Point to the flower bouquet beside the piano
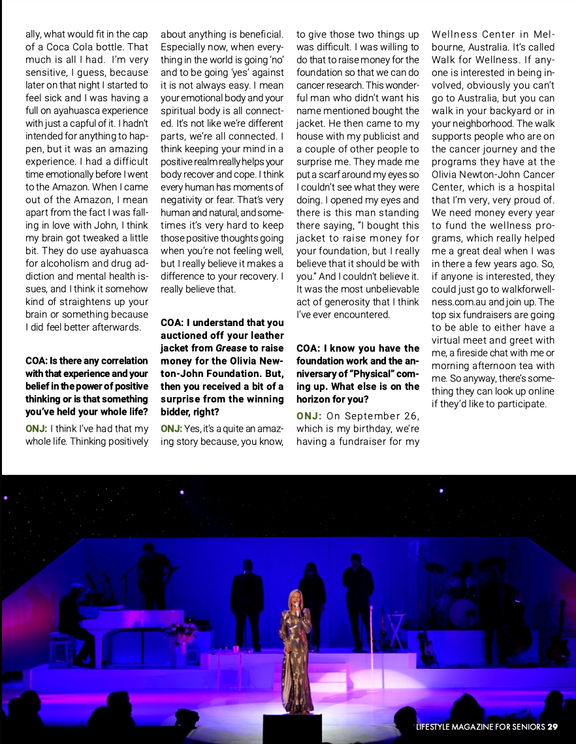pos(181,632)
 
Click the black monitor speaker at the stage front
pos(292,728)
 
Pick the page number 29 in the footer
pos(552,727)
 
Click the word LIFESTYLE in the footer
pos(439,727)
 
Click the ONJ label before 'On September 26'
pos(308,416)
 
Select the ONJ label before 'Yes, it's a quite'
pos(172,429)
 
